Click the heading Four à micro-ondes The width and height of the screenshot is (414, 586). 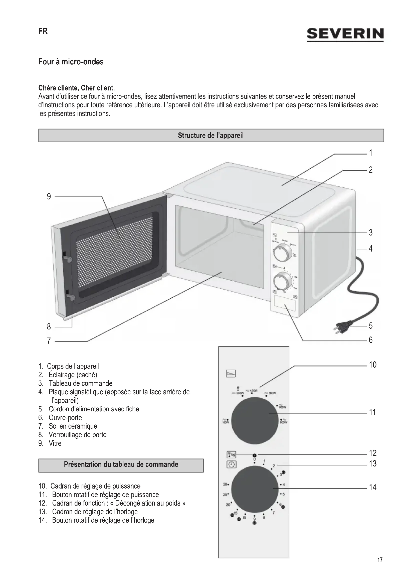(71, 62)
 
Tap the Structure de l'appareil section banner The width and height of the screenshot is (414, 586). (211, 135)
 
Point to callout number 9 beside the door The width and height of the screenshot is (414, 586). (49, 196)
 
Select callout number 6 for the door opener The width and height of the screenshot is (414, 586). (371, 340)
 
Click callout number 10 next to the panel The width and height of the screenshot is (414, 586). (373, 365)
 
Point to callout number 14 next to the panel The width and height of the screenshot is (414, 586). (373, 487)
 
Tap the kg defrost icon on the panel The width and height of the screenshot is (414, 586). (231, 454)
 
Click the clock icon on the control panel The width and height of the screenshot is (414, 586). (231, 464)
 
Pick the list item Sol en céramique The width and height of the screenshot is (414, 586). (73, 426)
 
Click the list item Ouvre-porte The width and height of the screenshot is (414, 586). (65, 418)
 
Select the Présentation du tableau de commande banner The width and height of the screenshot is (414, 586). (121, 464)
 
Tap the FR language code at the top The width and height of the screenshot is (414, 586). (43, 31)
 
